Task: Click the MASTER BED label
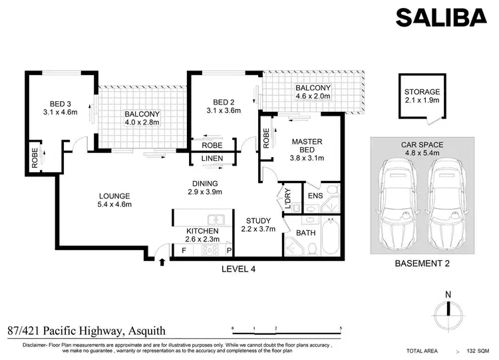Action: click(307, 142)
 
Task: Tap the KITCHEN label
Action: click(203, 230)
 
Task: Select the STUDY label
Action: click(257, 220)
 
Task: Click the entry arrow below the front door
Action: click(162, 264)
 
